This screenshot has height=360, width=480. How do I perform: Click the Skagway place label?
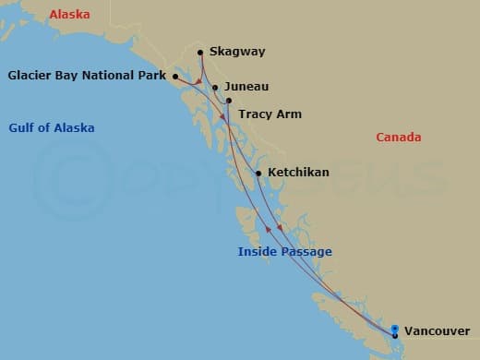click(x=238, y=53)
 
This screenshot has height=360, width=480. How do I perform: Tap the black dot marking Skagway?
click(x=200, y=53)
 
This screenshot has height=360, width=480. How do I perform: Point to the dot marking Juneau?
click(x=215, y=88)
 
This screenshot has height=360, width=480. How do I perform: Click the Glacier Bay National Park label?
click(x=87, y=76)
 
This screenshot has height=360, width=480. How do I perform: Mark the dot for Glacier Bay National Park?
click(x=174, y=76)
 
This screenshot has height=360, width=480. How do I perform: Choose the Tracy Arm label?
click(x=270, y=114)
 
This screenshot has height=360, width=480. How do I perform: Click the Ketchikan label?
click(x=298, y=173)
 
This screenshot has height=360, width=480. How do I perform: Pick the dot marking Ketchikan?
click(x=258, y=173)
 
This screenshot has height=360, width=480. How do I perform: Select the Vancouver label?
click(x=436, y=330)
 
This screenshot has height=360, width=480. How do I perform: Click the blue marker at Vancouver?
click(x=395, y=330)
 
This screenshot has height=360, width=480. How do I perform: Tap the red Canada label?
click(x=399, y=138)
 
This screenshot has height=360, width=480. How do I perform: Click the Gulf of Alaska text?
click(x=52, y=127)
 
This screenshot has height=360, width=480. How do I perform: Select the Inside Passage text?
click(x=284, y=252)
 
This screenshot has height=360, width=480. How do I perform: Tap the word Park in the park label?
click(x=150, y=76)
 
